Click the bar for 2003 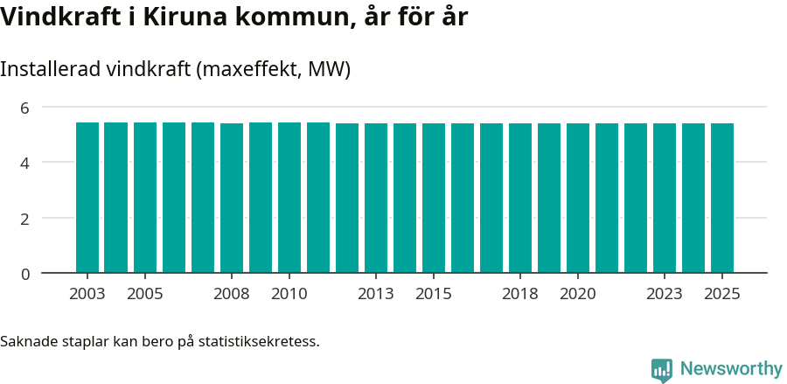click(x=87, y=198)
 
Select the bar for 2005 click(x=145, y=198)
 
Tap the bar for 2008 click(x=232, y=199)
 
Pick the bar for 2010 click(x=289, y=198)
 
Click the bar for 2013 click(x=376, y=199)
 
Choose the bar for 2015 click(x=434, y=199)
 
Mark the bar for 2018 click(x=520, y=199)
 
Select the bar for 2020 click(x=578, y=199)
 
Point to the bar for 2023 click(x=665, y=199)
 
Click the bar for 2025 click(x=722, y=199)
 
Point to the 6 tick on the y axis click(x=24, y=108)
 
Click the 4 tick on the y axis click(x=24, y=163)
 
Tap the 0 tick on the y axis click(x=24, y=274)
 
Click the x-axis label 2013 click(x=376, y=294)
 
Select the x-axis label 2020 click(x=578, y=294)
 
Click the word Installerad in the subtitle click(x=50, y=69)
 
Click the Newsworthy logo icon click(x=662, y=370)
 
